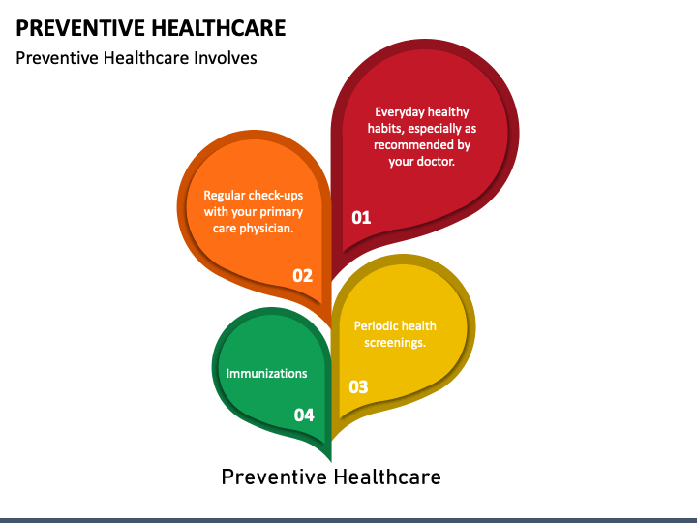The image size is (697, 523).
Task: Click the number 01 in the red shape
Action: [x=361, y=217]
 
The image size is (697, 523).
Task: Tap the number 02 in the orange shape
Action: [x=303, y=275]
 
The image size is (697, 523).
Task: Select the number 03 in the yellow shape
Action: [x=358, y=386]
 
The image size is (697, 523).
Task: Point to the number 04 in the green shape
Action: [x=304, y=415]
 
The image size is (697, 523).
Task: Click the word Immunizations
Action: [x=266, y=373]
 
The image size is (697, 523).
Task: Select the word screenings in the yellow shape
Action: [x=395, y=342]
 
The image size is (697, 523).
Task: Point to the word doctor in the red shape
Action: [x=436, y=162]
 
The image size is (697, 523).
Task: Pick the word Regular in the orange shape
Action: [x=226, y=195]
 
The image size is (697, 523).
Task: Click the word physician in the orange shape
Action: [x=265, y=229]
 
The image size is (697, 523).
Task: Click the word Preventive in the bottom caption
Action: [x=274, y=477]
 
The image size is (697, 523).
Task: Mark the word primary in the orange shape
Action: [x=282, y=211]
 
